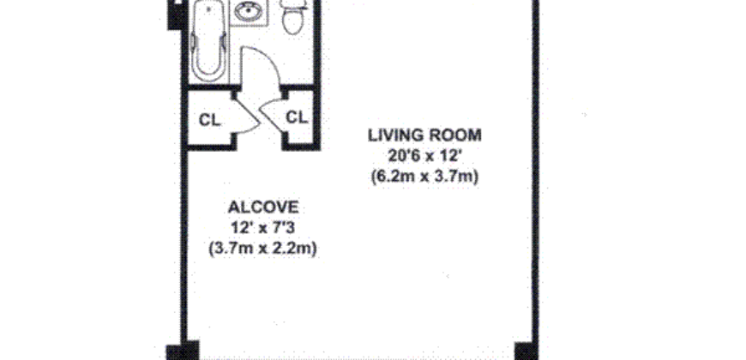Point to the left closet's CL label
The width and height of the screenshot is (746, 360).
209,119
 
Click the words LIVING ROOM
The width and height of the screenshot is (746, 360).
424,135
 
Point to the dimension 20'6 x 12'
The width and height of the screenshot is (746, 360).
424,156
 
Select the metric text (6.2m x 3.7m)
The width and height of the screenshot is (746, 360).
424,177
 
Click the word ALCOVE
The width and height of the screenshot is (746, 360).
263,207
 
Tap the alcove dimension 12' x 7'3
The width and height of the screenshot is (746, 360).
263,228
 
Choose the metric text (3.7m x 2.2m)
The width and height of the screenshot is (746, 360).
263,249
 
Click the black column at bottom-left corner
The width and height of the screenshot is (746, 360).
183,351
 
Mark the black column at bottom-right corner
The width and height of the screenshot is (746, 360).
525,351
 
